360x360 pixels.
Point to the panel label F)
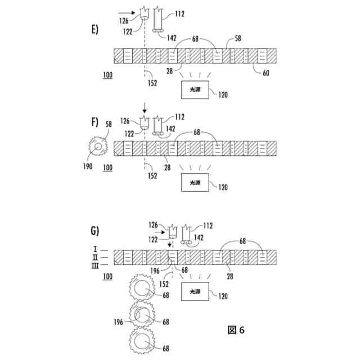93,122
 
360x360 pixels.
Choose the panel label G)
94,230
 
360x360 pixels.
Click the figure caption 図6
236,330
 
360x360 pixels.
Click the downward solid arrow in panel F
145,107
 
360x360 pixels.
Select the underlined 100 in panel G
107,276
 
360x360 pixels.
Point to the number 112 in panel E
180,13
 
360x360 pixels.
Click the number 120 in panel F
223,188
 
